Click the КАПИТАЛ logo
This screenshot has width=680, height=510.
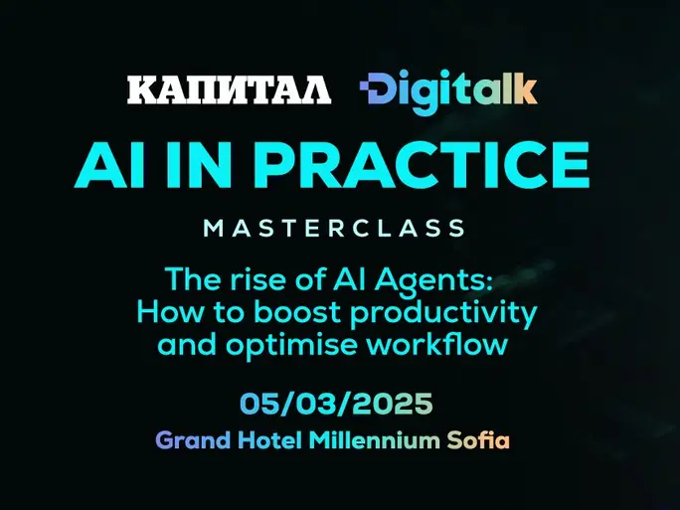(229, 89)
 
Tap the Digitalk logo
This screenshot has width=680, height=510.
(448, 91)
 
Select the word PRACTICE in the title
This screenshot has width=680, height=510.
(422, 165)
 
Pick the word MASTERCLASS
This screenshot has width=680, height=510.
(334, 228)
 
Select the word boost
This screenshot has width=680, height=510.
(297, 312)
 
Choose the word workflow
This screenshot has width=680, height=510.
(436, 344)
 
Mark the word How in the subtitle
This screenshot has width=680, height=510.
(170, 312)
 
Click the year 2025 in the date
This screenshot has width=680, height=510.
(392, 404)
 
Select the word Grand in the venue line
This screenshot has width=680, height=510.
(193, 440)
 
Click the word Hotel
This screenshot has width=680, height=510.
(269, 440)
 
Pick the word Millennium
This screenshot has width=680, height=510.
(374, 440)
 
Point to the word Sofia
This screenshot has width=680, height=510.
(478, 440)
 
